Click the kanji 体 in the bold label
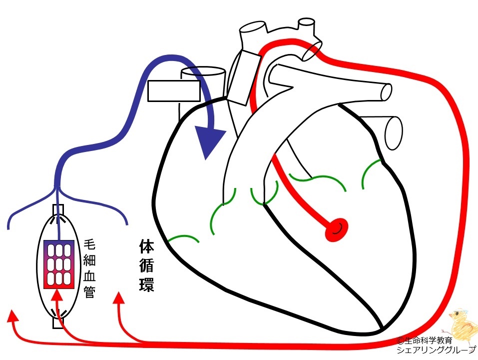(147, 246)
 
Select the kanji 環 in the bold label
(147, 284)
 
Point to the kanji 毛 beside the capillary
(89, 244)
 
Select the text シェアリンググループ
(436, 349)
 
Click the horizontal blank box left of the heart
(174, 91)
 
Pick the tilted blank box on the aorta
(243, 77)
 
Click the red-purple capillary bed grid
(59, 264)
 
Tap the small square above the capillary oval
(58, 210)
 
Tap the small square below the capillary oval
(58, 323)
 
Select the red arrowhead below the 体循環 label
(118, 298)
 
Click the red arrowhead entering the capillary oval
(57, 295)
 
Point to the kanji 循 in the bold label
(147, 265)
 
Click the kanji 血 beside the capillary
(89, 276)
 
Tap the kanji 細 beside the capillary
(89, 260)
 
